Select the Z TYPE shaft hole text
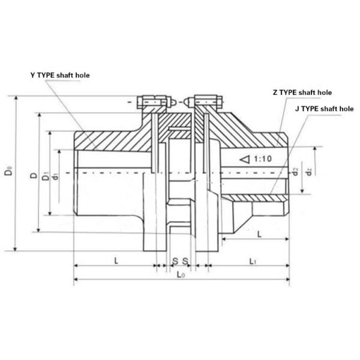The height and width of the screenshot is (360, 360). tap(302, 92)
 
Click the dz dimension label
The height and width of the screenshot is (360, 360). tap(308, 172)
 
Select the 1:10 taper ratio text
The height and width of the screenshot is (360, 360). tap(263, 160)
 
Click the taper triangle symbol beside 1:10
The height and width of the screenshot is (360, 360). tap(244, 160)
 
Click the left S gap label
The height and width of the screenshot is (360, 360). tap(175, 261)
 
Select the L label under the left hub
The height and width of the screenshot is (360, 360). tap(114, 261)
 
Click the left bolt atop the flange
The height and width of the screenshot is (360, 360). tap(152, 104)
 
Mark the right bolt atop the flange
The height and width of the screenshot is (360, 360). tap(206, 104)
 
